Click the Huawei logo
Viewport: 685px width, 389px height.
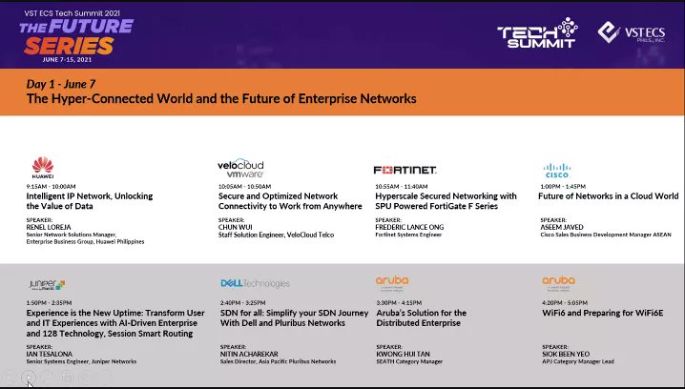(41, 168)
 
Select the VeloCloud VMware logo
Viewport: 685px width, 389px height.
(240, 168)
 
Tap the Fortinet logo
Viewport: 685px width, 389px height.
(405, 170)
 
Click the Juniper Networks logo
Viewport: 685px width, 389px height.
(47, 284)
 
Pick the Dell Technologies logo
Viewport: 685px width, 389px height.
(255, 283)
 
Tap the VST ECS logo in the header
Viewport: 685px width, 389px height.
(630, 33)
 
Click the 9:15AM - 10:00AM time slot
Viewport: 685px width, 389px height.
(51, 187)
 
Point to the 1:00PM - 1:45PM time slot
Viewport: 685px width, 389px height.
(566, 187)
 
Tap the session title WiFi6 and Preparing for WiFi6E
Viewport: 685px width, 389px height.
(601, 313)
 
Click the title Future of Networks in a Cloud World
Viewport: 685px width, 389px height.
(608, 196)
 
